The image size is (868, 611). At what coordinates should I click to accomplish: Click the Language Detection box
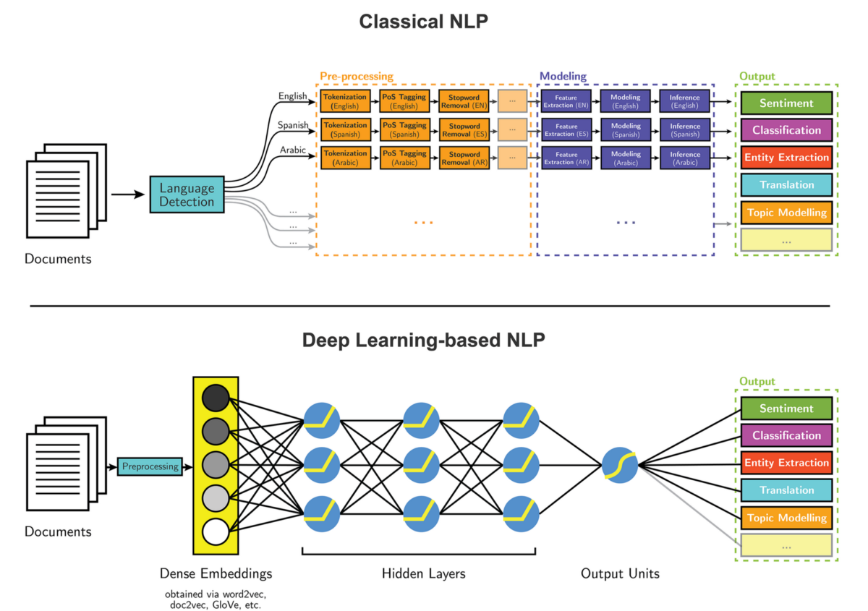point(187,195)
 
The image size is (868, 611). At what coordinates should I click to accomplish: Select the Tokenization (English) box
point(345,101)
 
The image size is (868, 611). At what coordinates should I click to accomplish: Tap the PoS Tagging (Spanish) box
point(404,129)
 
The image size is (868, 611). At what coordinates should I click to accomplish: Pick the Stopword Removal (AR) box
point(464,158)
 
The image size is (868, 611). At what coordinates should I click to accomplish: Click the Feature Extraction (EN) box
point(566,101)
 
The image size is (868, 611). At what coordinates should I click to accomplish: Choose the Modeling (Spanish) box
point(625,129)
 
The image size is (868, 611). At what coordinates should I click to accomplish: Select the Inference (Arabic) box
point(684,158)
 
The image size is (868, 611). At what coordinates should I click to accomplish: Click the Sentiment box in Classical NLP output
point(786,103)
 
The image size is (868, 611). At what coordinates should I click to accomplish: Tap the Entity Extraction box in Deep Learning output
point(786,463)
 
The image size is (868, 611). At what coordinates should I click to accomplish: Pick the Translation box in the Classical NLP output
point(786,185)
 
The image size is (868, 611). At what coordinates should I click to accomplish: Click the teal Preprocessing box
point(150,466)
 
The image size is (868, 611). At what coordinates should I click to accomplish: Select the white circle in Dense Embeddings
point(216,532)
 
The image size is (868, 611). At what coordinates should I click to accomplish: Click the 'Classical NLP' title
point(424,22)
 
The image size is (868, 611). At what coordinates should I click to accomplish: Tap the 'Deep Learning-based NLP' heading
point(424,340)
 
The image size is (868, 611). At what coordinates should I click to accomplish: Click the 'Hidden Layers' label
point(423,574)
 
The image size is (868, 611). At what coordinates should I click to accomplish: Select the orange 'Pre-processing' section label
point(357,76)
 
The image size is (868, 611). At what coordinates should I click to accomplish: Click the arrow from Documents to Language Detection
point(129,195)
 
